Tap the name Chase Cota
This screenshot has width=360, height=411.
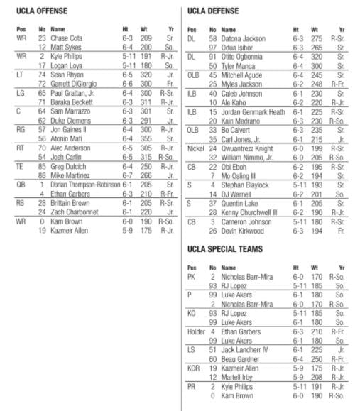[x=67, y=38]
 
